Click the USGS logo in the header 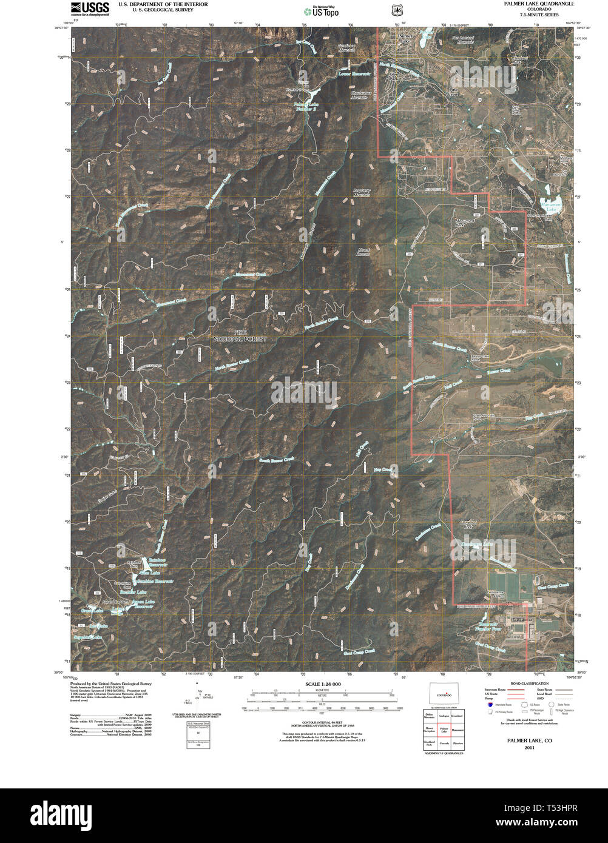pyautogui.click(x=90, y=8)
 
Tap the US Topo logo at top pyautogui.click(x=322, y=11)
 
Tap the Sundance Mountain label pyautogui.click(x=346, y=47)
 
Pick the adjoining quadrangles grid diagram pyautogui.click(x=443, y=731)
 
